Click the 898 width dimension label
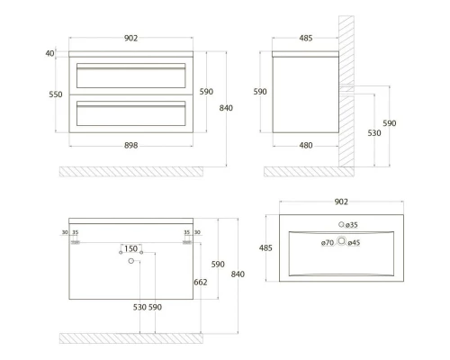[130, 146]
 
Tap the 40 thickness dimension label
[49, 53]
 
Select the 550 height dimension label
[56, 94]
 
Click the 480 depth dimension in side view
[306, 146]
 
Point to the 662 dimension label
[201, 283]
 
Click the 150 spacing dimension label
[130, 248]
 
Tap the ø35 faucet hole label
[351, 225]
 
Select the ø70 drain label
[328, 243]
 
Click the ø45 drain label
[354, 243]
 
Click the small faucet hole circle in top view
[341, 224]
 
